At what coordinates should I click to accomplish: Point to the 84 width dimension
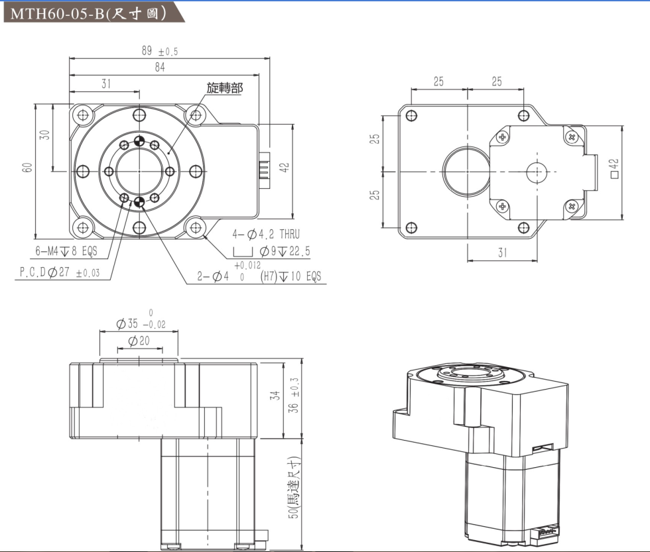tap(160, 68)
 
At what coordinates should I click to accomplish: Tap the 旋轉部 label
tap(224, 88)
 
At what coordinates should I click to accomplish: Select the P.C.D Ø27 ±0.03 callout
tap(58, 273)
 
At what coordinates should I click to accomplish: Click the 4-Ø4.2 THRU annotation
tap(266, 235)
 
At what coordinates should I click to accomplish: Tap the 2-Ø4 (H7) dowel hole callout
tap(259, 276)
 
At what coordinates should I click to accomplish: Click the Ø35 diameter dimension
tap(142, 324)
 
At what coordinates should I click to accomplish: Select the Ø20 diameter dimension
tap(139, 341)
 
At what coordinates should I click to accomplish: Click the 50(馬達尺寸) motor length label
tap(292, 493)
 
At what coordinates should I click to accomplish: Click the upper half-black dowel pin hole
tap(139, 140)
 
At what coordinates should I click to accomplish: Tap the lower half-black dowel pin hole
tap(139, 202)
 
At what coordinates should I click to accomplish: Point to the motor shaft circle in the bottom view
tap(536, 172)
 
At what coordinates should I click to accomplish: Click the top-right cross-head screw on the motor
tap(572, 137)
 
